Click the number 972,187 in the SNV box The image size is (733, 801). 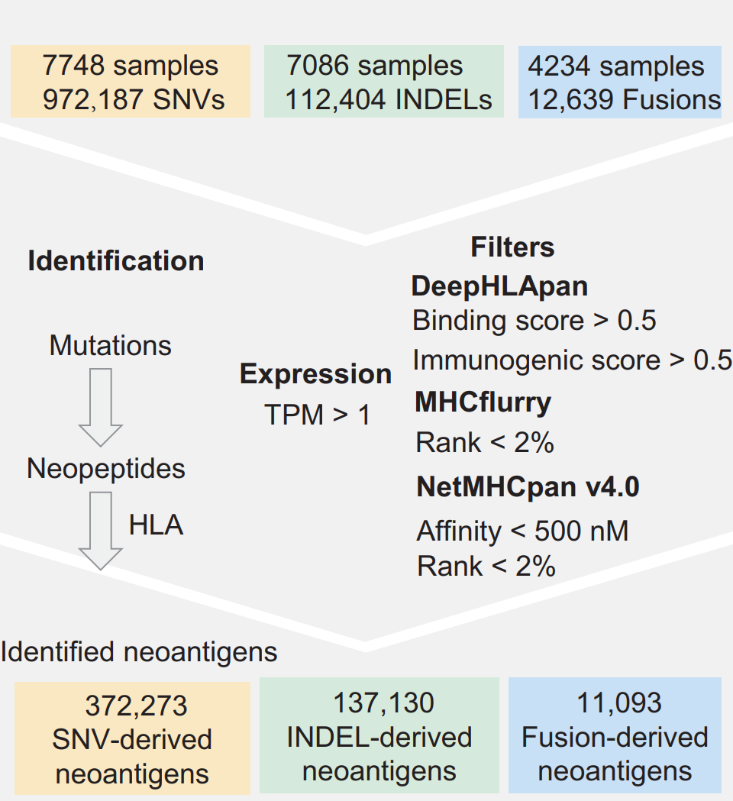(x=92, y=100)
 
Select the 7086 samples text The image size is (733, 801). (x=374, y=66)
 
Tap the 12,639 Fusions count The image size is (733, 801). (x=623, y=100)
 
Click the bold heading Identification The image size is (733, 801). (x=116, y=261)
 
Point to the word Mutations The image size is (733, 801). (x=111, y=346)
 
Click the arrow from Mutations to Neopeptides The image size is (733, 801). (x=101, y=406)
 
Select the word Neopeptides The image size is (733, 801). (x=106, y=468)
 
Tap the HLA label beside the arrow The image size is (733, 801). (x=156, y=526)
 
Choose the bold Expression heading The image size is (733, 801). (x=315, y=374)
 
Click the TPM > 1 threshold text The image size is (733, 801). (x=317, y=415)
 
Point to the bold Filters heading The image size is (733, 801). (x=512, y=247)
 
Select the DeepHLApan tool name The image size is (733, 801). (x=499, y=286)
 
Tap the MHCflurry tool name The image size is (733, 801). (x=483, y=402)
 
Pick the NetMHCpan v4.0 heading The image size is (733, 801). (x=528, y=487)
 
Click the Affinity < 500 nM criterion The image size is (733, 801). (x=522, y=531)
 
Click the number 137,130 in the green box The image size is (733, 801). (x=383, y=702)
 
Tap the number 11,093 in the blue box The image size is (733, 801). (x=615, y=702)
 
